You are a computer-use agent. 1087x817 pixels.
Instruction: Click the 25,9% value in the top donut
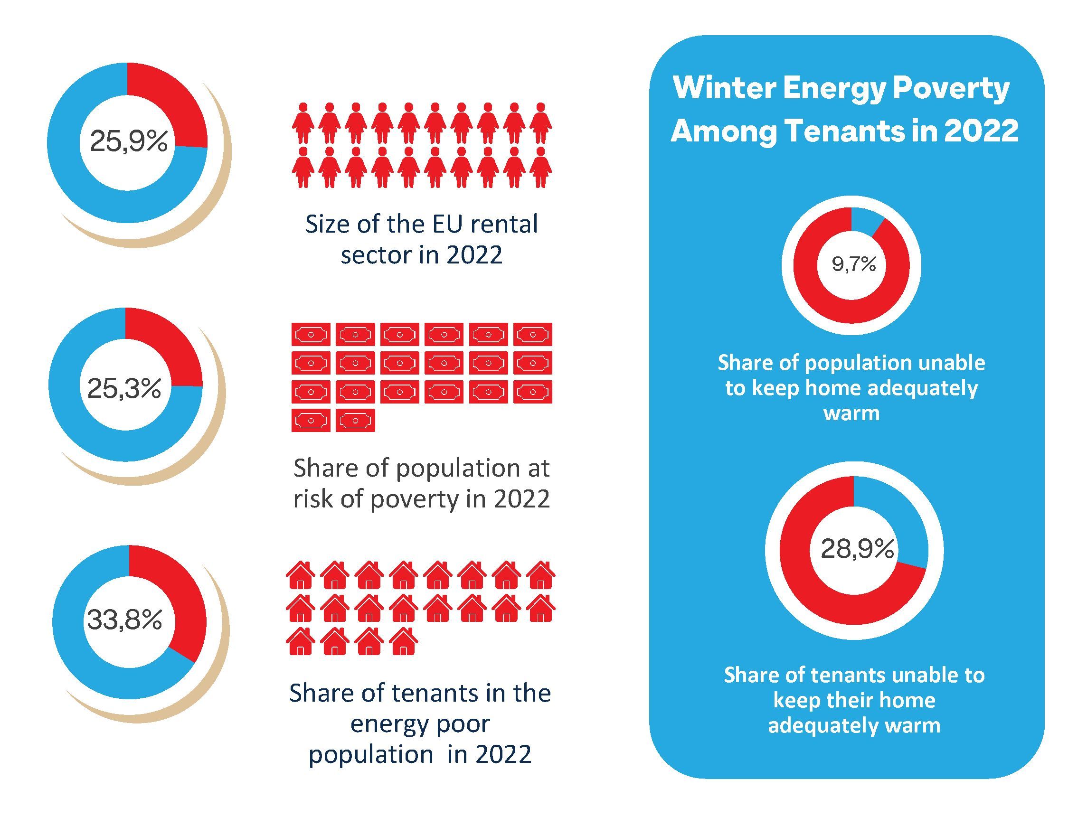(129, 142)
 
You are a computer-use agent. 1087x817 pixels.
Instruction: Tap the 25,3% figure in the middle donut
(124, 389)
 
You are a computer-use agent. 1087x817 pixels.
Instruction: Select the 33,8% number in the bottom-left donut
(124, 620)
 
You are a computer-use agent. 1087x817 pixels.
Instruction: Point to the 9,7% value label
(853, 265)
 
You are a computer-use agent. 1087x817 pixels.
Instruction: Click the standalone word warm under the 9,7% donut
(851, 413)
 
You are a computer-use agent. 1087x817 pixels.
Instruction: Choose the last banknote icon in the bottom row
(355, 421)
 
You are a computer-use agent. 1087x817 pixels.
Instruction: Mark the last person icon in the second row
(541, 167)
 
